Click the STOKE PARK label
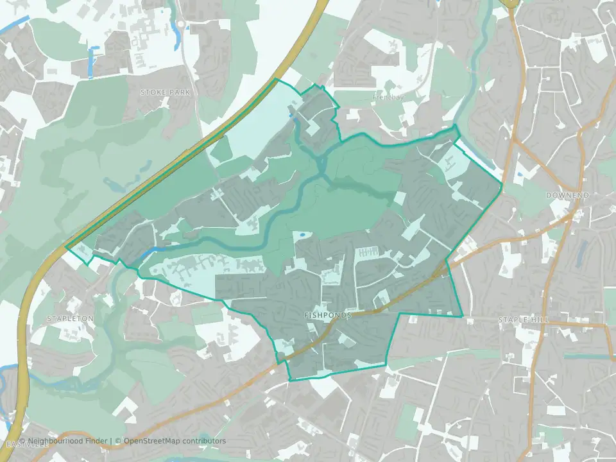click(x=166, y=92)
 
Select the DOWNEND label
click(x=567, y=194)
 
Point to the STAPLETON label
click(x=71, y=318)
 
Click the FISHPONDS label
click(x=328, y=316)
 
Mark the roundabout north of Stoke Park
click(x=181, y=24)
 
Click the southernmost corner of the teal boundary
click(x=290, y=381)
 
